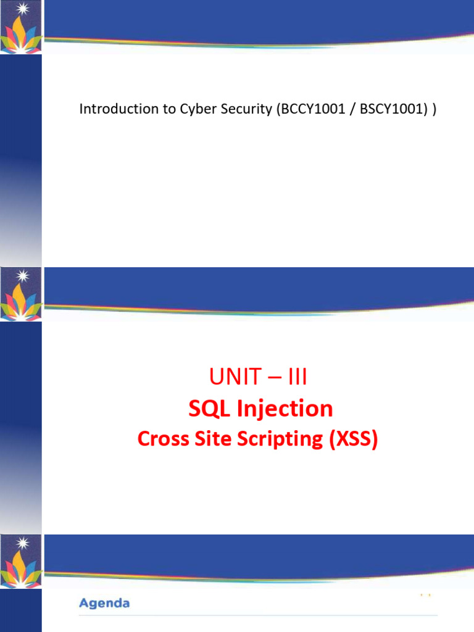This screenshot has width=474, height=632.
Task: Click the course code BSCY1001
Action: coord(393,109)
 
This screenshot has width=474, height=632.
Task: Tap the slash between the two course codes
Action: coord(352,109)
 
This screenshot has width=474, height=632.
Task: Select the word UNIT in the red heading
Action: coord(235,376)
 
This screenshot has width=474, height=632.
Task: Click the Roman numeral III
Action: coord(297,376)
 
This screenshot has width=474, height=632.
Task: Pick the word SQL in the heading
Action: coord(209,409)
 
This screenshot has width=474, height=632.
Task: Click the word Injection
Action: coord(285,409)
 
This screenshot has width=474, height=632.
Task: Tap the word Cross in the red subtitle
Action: coord(163,439)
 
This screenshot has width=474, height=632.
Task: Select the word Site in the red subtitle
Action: coord(213,439)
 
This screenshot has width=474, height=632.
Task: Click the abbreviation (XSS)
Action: coord(354,439)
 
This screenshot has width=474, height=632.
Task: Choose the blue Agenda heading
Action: coord(104,604)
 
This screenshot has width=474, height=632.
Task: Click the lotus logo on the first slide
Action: coord(21,27)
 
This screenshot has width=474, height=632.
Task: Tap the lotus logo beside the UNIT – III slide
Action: coord(21,294)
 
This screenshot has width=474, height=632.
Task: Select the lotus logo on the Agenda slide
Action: coord(21,562)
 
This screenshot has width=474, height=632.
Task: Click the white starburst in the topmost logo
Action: coord(23,9)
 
